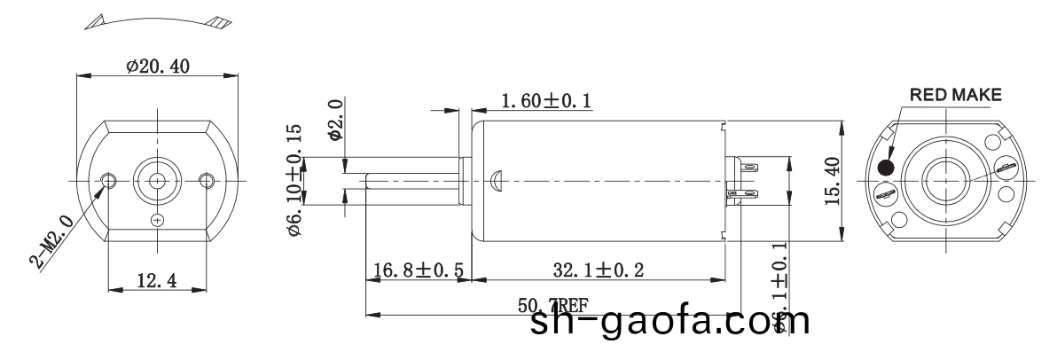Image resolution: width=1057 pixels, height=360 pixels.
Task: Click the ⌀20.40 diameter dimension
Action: click(158, 67)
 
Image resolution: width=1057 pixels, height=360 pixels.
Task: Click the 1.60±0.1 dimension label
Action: click(547, 102)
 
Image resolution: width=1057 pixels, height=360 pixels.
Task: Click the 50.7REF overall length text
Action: click(552, 307)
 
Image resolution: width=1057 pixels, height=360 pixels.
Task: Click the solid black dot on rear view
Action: click(885, 168)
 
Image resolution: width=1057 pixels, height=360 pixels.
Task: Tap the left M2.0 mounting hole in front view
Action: click(109, 180)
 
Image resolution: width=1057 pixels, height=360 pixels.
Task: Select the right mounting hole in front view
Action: click(207, 180)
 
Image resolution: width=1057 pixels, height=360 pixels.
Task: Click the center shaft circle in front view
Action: click(158, 180)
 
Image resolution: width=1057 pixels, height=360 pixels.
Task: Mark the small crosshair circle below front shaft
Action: click(158, 219)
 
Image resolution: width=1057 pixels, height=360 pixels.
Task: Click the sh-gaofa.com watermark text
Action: click(669, 320)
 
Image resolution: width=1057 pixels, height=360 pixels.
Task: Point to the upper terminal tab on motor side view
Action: click(746, 167)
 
